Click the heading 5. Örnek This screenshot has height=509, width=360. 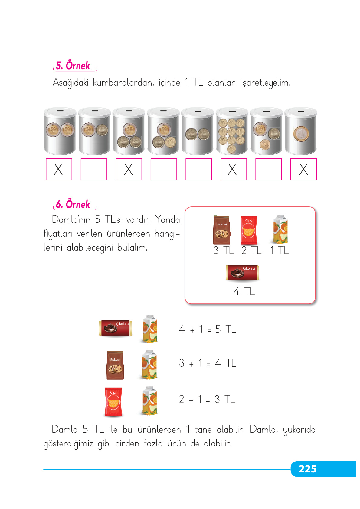click(73, 66)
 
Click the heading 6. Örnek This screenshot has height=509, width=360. click(73, 205)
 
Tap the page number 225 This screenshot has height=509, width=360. click(307, 469)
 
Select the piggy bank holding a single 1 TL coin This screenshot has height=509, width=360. click(301, 131)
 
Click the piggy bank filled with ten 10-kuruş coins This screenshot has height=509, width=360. click(232, 131)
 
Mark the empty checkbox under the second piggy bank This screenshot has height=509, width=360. click(94, 169)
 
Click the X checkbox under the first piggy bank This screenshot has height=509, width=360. click(59, 169)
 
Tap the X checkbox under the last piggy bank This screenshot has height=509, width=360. click(303, 169)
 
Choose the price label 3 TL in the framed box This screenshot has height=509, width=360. click(224, 250)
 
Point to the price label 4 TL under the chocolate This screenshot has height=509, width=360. click(244, 291)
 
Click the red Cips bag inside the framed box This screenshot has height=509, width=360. click(249, 230)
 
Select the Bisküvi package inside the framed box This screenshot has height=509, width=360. click(222, 230)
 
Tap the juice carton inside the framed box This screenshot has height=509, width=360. click(280, 229)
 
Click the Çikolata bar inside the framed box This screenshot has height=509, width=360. click(242, 273)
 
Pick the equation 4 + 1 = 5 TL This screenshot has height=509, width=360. click(208, 329)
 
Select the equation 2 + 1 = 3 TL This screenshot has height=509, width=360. click(207, 399)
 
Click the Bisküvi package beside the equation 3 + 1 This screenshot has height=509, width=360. click(115, 365)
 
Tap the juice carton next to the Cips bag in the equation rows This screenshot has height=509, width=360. click(149, 401)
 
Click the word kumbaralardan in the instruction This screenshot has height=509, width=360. click(123, 82)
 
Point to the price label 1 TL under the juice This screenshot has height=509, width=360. click(279, 250)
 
